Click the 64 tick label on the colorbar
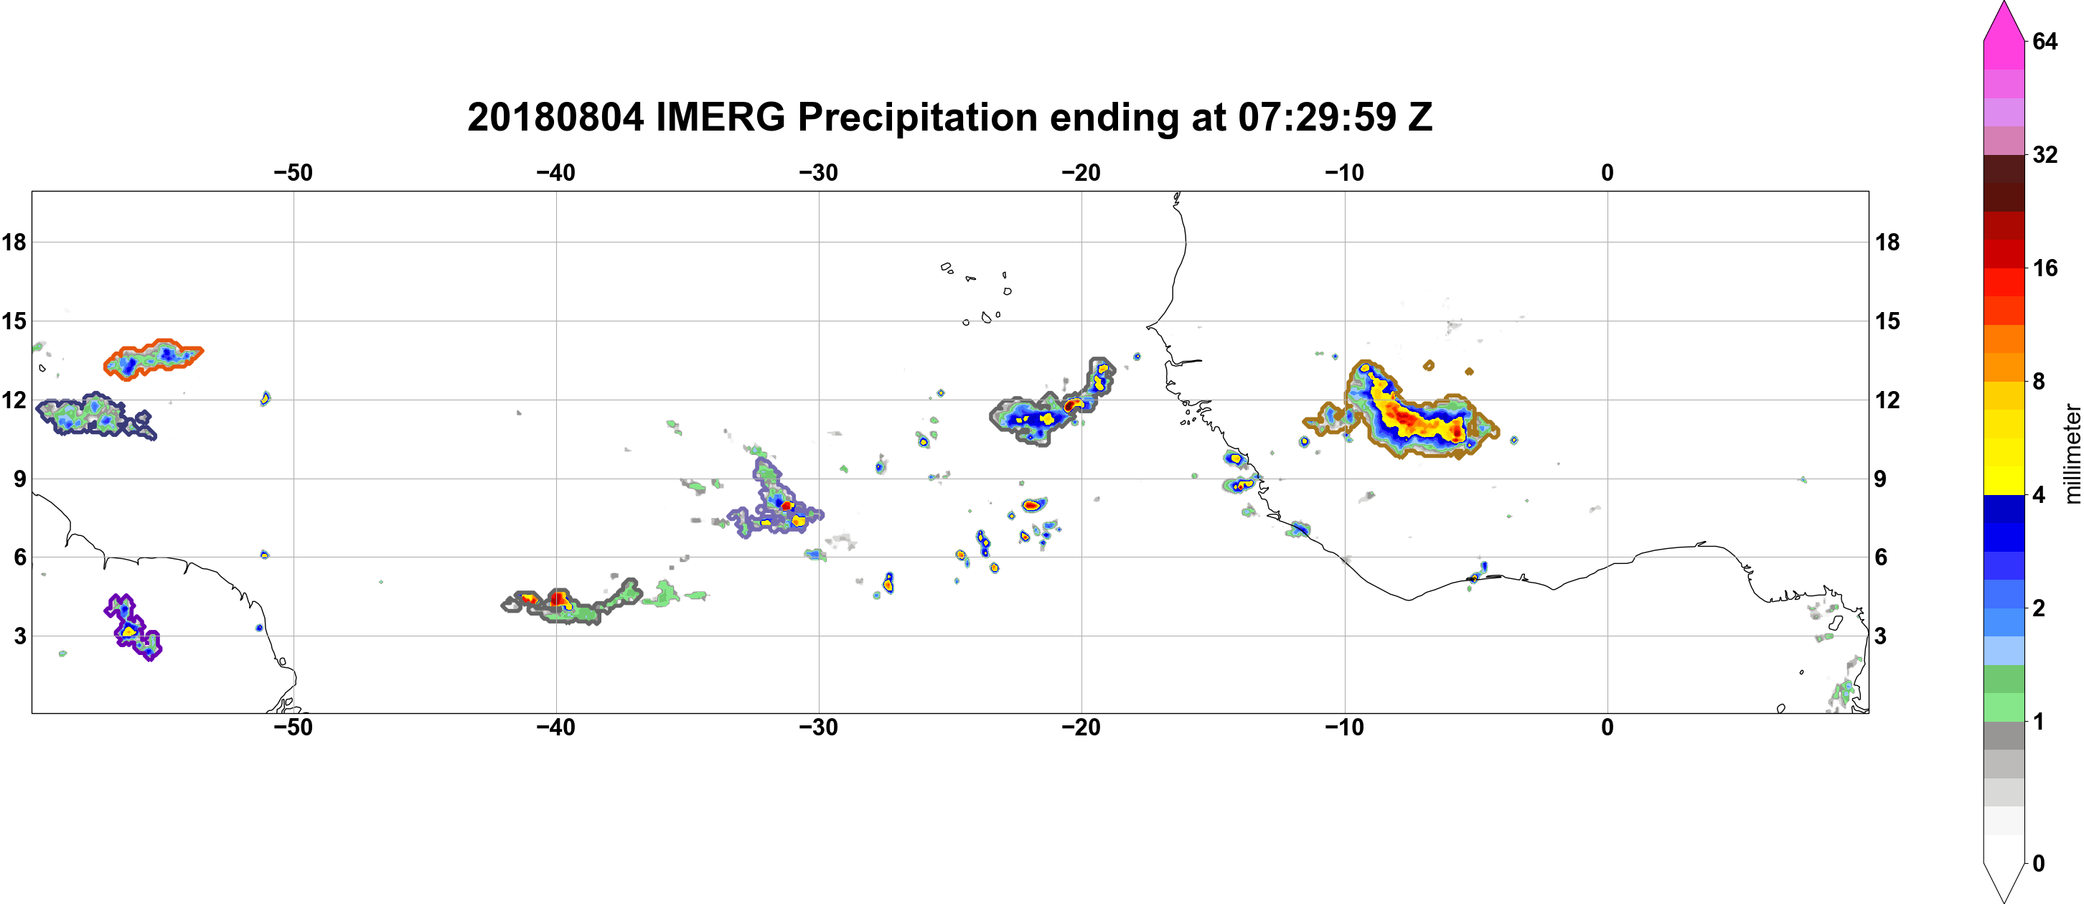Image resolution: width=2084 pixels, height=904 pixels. tap(2045, 41)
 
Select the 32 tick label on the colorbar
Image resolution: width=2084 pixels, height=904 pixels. tap(2045, 154)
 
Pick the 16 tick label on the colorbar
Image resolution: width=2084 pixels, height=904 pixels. tap(2045, 268)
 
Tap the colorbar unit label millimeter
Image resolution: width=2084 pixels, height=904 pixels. tap(2072, 453)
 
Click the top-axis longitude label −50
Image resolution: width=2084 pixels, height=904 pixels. tap(293, 173)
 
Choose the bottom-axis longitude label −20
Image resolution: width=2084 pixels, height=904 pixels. tap(1081, 728)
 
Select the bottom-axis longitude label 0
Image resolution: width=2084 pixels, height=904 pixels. tap(1607, 728)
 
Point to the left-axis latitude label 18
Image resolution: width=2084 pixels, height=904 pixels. tap(14, 242)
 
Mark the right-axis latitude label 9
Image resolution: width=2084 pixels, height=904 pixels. tap(1880, 479)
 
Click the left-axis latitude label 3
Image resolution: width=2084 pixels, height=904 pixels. tap(19, 636)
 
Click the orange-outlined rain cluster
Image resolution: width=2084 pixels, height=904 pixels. tap(154, 358)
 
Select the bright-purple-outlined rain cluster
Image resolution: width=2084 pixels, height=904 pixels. tap(132, 628)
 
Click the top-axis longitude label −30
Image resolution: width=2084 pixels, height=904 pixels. tap(819, 173)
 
